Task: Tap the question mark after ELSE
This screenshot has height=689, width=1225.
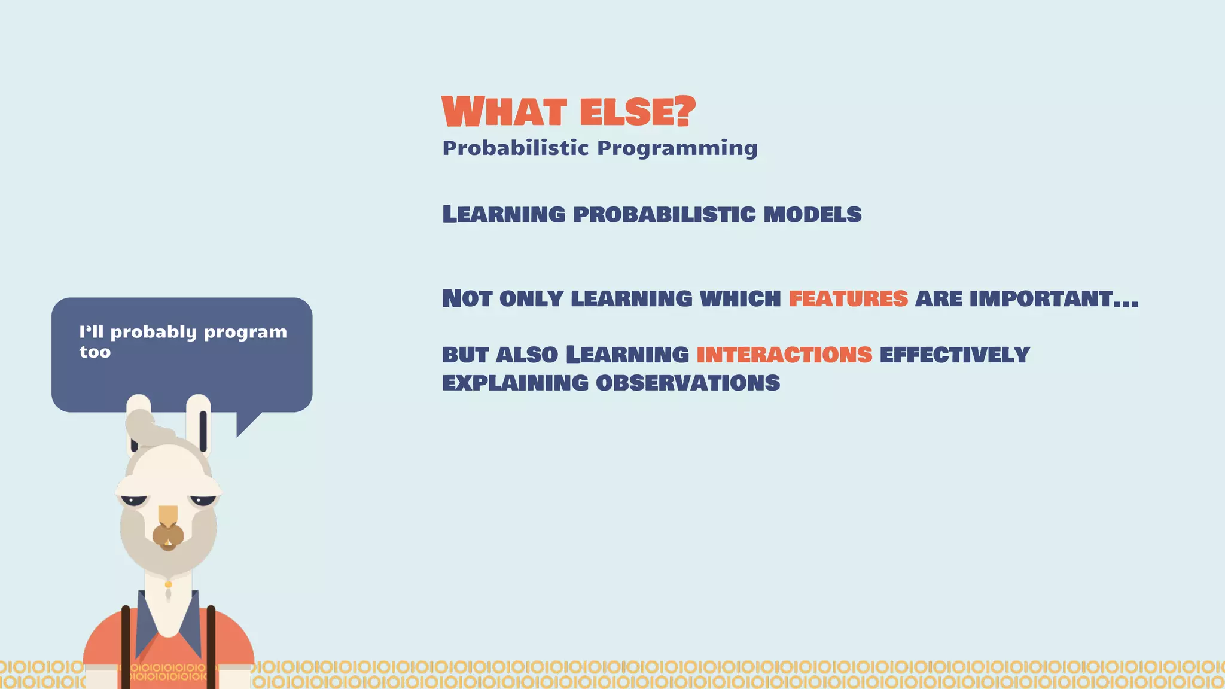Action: [684, 111]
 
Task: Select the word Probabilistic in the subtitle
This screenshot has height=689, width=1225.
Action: [515, 148]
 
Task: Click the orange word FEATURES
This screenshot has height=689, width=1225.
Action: [848, 298]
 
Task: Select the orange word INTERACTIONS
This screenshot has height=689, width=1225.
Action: [784, 355]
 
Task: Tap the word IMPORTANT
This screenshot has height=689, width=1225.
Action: [1041, 298]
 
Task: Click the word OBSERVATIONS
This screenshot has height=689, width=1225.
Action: [688, 383]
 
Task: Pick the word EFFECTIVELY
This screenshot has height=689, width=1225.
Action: [954, 355]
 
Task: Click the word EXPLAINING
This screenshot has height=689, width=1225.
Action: [515, 383]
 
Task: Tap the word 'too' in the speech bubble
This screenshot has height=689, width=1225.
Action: [95, 352]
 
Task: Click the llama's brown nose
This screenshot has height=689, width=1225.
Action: [168, 535]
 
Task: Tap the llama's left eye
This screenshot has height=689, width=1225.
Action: [133, 500]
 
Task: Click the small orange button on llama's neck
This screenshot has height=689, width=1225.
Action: [169, 584]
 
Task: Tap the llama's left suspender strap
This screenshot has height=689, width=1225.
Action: [126, 646]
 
